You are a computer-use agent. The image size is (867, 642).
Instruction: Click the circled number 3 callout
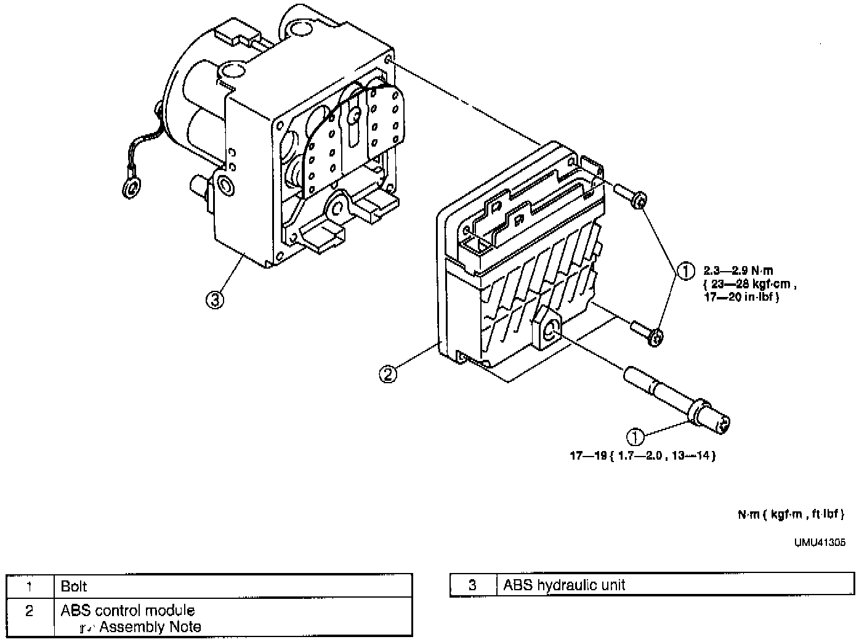214,300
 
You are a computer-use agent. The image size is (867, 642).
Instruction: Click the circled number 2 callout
388,374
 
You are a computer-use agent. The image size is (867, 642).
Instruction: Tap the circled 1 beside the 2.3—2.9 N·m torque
685,270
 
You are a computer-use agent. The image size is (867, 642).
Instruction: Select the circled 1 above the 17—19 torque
635,437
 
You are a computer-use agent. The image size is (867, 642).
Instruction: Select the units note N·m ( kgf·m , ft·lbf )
791,514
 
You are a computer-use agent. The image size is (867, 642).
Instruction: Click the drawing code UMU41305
819,543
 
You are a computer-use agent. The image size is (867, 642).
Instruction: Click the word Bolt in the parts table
74,587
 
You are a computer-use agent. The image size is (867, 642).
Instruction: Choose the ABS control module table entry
127,611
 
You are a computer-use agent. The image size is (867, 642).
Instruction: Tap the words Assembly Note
150,627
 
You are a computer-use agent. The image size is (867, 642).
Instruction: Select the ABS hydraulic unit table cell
564,585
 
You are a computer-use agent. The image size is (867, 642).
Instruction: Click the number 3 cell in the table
472,585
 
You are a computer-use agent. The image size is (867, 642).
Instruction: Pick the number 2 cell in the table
29,611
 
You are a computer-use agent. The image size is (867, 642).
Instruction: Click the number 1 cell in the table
29,587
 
